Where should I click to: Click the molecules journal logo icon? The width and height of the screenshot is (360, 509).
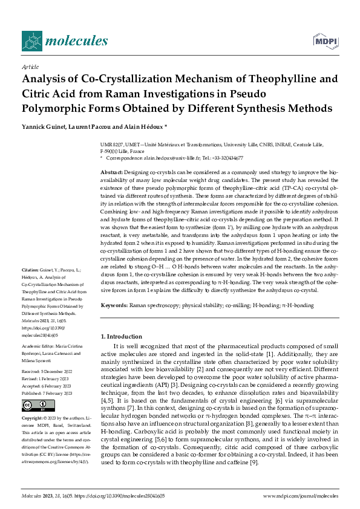click(x=31, y=41)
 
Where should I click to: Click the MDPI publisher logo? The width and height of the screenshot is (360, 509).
click(x=325, y=41)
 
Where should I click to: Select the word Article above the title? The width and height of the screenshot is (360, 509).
click(x=30, y=68)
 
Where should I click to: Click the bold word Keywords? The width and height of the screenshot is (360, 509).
click(x=114, y=306)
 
